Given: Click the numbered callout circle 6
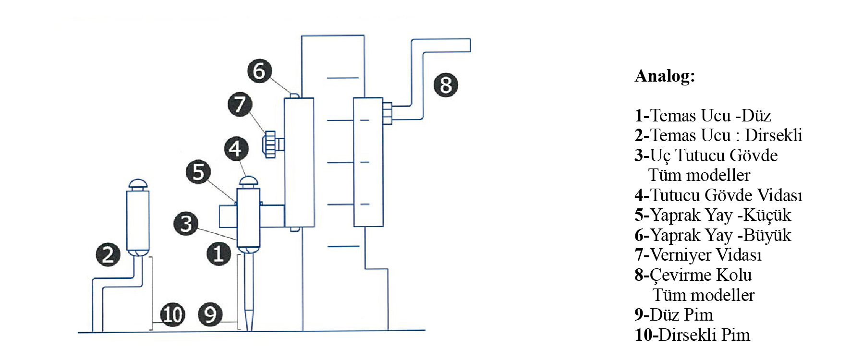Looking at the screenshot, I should pyautogui.click(x=259, y=71).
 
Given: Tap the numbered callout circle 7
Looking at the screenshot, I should pyautogui.click(x=240, y=104).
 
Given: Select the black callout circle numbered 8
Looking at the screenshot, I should pyautogui.click(x=446, y=85).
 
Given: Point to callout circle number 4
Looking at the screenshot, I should pyautogui.click(x=236, y=149).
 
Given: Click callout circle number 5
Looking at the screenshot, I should pyautogui.click(x=198, y=172).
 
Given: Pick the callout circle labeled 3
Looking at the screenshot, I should pyautogui.click(x=186, y=223).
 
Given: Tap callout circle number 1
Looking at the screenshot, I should pyautogui.click(x=219, y=253).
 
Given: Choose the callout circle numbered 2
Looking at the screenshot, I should pyautogui.click(x=108, y=254).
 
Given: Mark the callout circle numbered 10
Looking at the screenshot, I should pyautogui.click(x=172, y=314).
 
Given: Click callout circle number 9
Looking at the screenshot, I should pyautogui.click(x=210, y=314).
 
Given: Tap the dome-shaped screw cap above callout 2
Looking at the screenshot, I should pyautogui.click(x=138, y=184).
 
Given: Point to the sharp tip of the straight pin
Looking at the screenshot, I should pyautogui.click(x=249, y=329).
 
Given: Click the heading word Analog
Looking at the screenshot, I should pyautogui.click(x=665, y=76).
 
